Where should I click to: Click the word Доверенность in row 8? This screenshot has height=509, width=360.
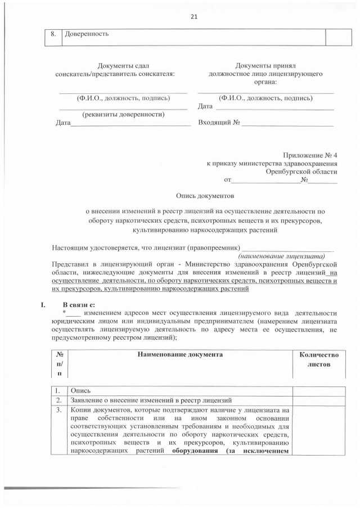coord(87,34)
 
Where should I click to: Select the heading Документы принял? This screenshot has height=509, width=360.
coord(265,66)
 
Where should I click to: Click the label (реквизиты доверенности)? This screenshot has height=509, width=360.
coord(123,114)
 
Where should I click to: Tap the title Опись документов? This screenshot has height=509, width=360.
coord(205,196)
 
